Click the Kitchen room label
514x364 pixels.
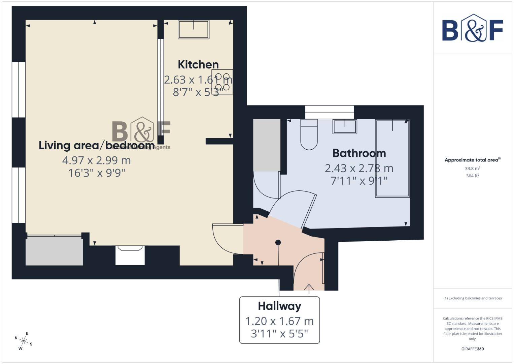click(198, 64)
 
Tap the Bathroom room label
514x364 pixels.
click(359, 153)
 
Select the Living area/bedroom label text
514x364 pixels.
click(96, 145)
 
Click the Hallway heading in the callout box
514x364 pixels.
click(279, 306)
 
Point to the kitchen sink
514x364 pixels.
click(194, 29)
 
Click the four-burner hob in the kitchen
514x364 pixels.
click(222, 82)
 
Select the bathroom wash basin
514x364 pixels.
click(345, 126)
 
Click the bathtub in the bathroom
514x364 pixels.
click(392, 158)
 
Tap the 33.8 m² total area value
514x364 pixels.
click(472, 169)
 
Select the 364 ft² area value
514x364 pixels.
click(472, 176)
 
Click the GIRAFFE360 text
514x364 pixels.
click(472, 349)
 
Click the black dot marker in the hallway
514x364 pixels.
click(278, 242)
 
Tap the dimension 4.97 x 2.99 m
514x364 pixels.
click(96, 160)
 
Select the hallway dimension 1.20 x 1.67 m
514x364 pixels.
click(279, 321)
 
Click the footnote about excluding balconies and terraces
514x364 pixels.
click(472, 298)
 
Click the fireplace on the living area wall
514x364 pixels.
click(130, 255)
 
